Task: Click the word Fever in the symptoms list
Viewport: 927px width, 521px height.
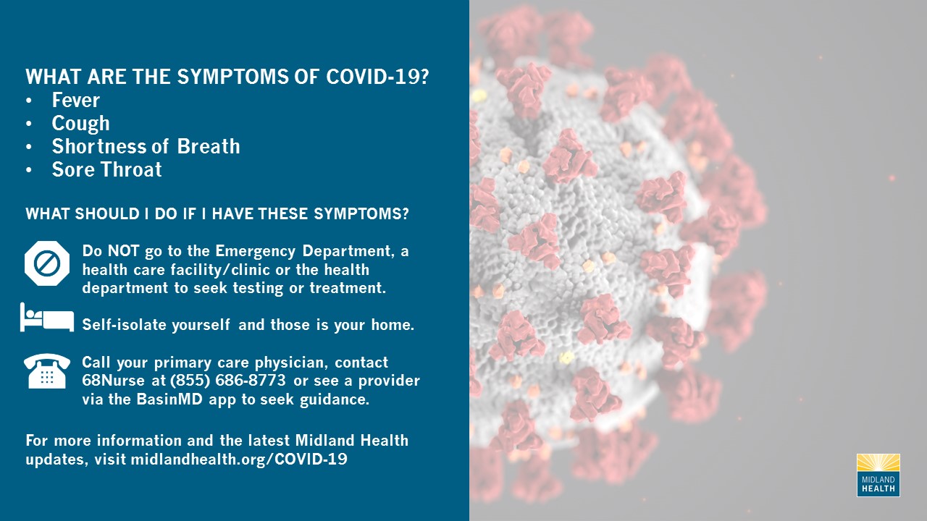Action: click(x=76, y=100)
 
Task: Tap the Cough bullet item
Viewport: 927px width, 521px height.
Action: click(x=80, y=124)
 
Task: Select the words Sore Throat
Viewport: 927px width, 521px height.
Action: click(x=106, y=169)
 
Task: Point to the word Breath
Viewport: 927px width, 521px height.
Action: click(x=209, y=146)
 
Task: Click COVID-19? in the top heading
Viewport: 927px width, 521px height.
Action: click(x=377, y=77)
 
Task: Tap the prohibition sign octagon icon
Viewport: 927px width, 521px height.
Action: click(x=47, y=263)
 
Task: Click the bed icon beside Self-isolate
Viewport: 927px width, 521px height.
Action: click(x=47, y=317)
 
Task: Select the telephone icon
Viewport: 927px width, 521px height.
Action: click(x=47, y=371)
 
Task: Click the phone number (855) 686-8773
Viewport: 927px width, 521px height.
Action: click(x=228, y=381)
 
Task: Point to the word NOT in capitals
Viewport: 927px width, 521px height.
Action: click(x=123, y=251)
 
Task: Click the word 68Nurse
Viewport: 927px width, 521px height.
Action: click(x=114, y=381)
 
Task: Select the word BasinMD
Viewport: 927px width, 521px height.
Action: click(x=169, y=399)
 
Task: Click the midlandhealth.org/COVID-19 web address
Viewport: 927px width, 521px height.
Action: click(x=239, y=459)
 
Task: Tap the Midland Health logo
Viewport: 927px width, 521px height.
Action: click(x=878, y=475)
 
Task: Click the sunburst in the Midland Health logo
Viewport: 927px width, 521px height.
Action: click(x=878, y=462)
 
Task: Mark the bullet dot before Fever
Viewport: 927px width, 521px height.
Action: click(x=28, y=101)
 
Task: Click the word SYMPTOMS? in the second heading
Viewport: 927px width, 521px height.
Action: click(x=361, y=213)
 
